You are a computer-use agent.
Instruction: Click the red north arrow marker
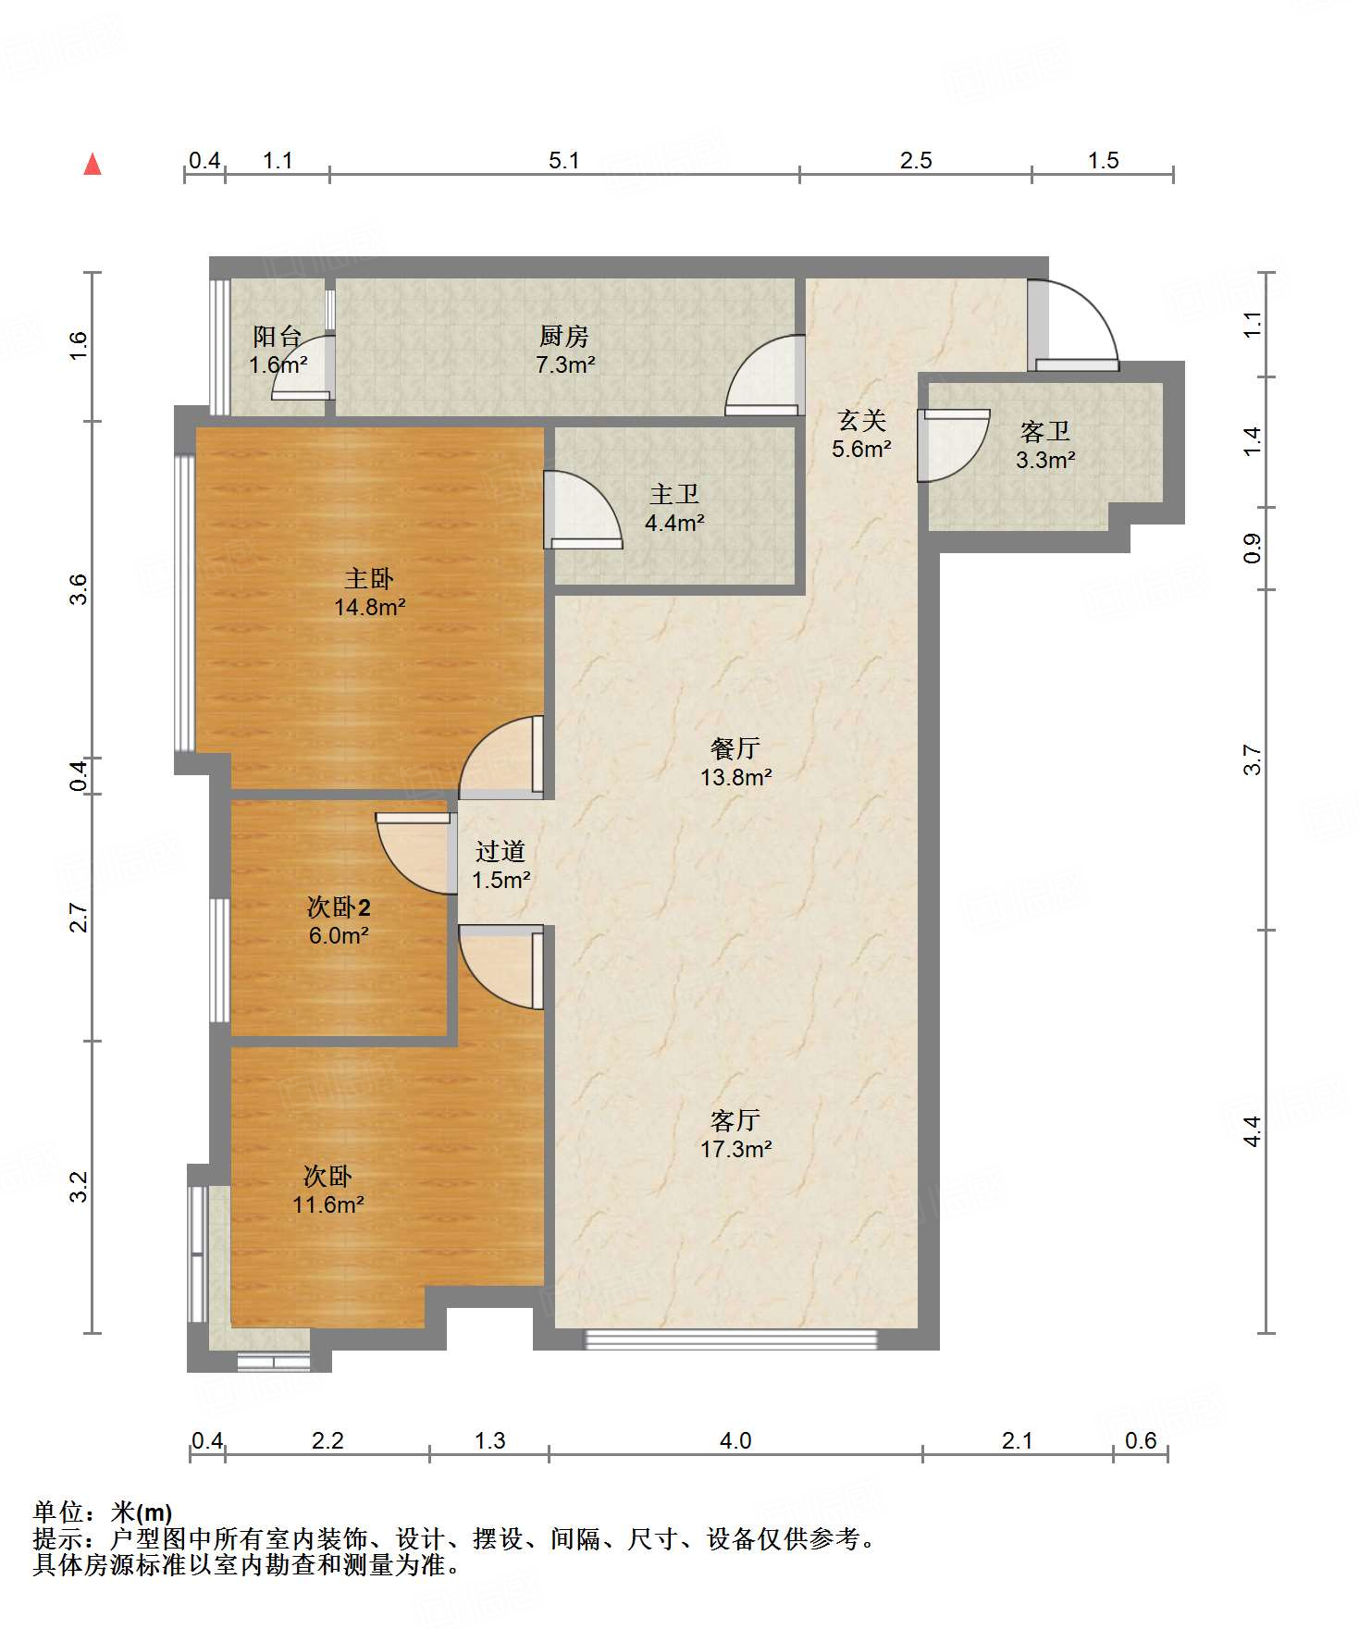point(93,164)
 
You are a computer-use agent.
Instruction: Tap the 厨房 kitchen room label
point(563,336)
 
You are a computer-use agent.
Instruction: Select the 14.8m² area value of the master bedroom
point(370,608)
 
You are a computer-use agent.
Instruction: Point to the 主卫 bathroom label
point(674,495)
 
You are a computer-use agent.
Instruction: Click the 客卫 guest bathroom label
point(1045,431)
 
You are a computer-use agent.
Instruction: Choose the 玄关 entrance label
point(861,421)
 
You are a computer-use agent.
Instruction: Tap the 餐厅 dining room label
point(735,747)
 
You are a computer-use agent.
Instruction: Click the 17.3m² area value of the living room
point(736,1149)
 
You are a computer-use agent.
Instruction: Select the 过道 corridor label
point(500,851)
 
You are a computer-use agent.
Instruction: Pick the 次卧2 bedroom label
point(339,907)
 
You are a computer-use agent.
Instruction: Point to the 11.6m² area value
point(328,1205)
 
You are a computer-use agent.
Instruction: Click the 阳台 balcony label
point(278,336)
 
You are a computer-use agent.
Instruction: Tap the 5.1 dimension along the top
point(564,161)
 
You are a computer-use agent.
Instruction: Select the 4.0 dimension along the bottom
point(735,1440)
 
